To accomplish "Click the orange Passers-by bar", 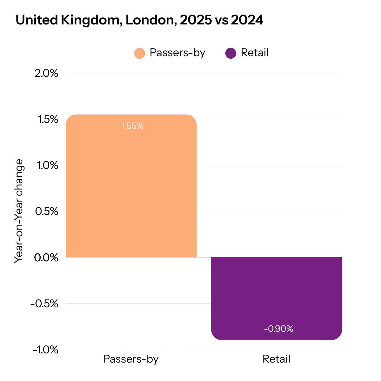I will click(131, 190).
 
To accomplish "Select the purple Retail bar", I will click(276, 295).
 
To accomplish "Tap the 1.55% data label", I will click(132, 126).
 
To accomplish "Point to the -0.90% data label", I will click(278, 329).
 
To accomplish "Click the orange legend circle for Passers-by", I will click(140, 53).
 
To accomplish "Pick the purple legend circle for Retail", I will click(231, 53).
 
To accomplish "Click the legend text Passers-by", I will click(177, 53).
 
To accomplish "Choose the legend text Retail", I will click(255, 53).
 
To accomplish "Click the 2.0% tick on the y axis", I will click(47, 73).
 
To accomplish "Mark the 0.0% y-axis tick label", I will click(47, 257).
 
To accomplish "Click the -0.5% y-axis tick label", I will click(44, 304).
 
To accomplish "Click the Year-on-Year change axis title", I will click(19, 211).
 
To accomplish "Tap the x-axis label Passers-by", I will click(131, 359).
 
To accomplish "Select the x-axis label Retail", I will click(276, 359).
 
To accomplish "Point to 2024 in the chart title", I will click(247, 21).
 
